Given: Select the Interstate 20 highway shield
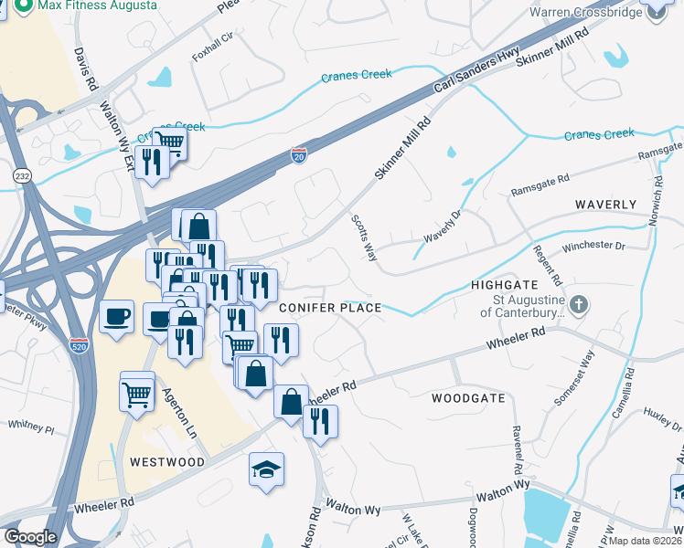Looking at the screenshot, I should coord(298,155).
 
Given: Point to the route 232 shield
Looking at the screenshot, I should coord(21,174).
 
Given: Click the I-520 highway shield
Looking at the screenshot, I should coord(78,346).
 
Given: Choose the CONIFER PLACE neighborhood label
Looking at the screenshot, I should coord(329,308).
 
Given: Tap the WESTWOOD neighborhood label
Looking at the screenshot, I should coord(166,462).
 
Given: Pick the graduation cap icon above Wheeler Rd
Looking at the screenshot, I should coord(267,470).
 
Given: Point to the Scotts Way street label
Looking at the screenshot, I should coord(364,237).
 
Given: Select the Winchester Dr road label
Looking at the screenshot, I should coord(593,247).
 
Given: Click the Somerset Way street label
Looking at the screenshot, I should coord(575,378).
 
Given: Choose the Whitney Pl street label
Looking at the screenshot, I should coord(31,426).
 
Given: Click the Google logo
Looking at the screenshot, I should coord(30,536).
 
